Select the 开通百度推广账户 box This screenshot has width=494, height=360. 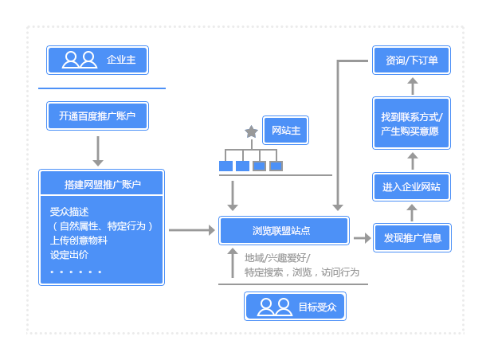click(x=97, y=116)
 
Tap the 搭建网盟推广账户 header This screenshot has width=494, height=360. click(x=102, y=185)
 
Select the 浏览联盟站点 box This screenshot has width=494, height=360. click(x=284, y=231)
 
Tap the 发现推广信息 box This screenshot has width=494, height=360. click(x=412, y=237)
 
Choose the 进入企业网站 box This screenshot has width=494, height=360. click(x=412, y=187)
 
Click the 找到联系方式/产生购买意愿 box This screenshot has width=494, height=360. click(x=412, y=123)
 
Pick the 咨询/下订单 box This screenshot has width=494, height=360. click(x=412, y=60)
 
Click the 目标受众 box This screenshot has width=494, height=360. click(x=296, y=307)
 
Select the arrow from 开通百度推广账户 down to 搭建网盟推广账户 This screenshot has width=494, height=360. click(x=98, y=150)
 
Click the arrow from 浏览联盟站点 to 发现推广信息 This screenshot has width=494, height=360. click(x=363, y=237)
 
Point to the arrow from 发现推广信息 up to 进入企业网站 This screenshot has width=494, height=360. click(x=412, y=212)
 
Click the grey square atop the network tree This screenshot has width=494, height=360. click(x=250, y=131)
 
